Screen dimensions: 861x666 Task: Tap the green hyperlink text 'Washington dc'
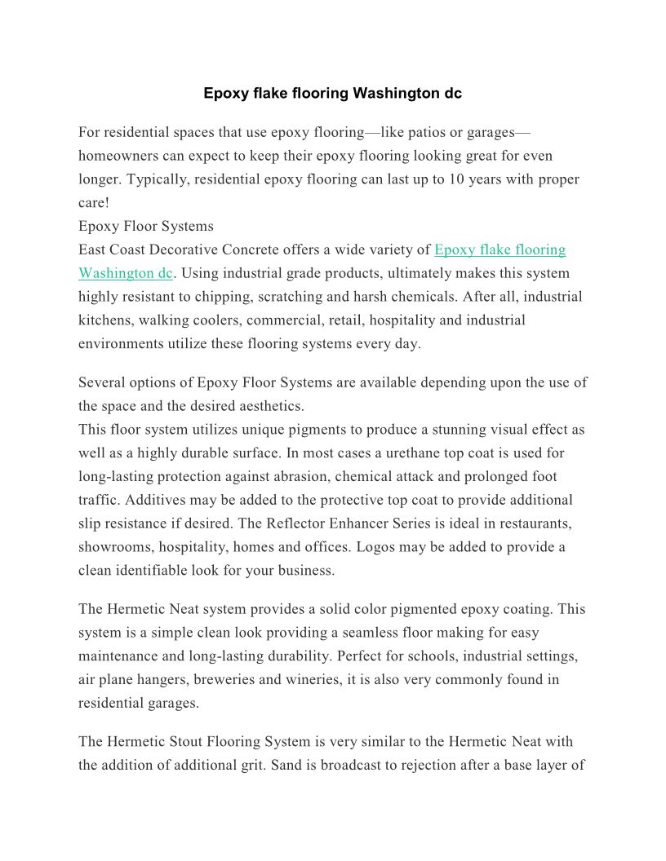(x=126, y=273)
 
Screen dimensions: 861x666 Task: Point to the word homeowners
(x=120, y=156)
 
